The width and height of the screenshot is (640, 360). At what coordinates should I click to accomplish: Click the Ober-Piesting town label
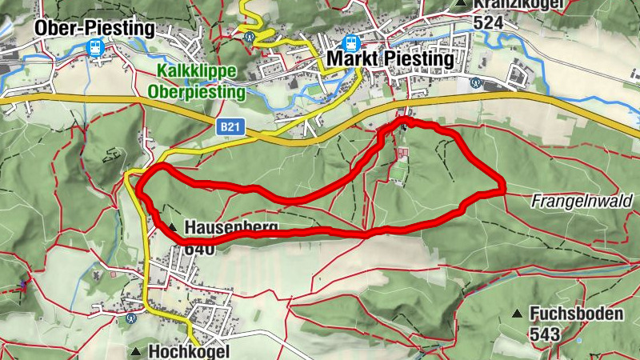coord(94,28)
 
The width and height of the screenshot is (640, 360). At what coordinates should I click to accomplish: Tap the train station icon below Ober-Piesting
coord(95,48)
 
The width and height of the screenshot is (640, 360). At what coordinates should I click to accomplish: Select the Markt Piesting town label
coord(390,61)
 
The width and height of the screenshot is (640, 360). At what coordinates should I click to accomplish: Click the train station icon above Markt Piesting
coord(350,43)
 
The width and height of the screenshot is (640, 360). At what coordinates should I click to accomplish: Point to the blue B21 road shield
coord(228,126)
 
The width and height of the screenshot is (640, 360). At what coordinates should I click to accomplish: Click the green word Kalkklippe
coord(197,72)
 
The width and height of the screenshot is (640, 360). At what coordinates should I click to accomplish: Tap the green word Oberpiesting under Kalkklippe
coord(196,92)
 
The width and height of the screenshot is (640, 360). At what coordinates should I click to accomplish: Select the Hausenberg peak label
coord(231,228)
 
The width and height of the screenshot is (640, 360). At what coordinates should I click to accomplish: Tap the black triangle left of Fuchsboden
coord(518,314)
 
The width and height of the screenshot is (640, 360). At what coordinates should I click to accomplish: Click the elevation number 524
coord(488,22)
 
